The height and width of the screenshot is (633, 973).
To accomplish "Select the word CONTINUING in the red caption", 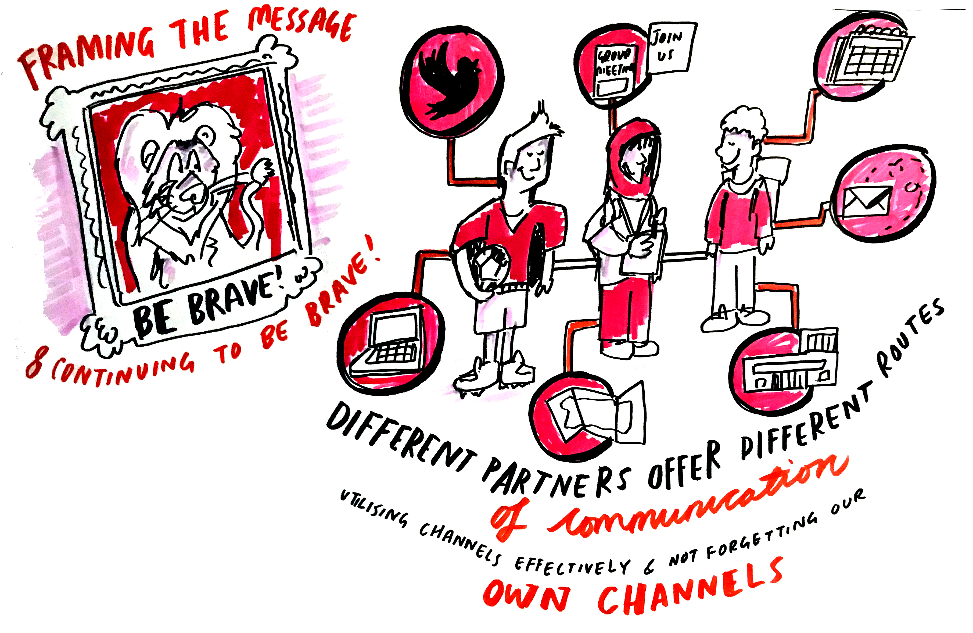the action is click(123, 368).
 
